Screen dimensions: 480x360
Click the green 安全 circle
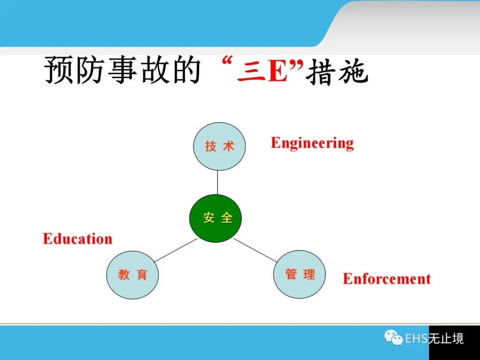pos(215,218)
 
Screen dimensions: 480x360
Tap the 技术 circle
pos(219,146)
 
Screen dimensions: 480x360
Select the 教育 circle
pos(132,275)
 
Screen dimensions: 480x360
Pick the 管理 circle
pos(300,274)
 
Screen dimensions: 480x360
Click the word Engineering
pos(312,143)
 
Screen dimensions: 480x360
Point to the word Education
pos(77,239)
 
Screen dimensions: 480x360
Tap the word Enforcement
pos(387,279)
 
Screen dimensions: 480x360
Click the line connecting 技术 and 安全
pos(217,183)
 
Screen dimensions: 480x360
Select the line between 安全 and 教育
pos(176,250)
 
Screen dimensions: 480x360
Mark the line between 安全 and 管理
pos(255,250)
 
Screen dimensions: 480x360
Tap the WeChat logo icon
pos(394,338)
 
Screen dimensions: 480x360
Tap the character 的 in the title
pos(186,70)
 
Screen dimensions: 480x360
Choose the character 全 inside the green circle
pos(227,218)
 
